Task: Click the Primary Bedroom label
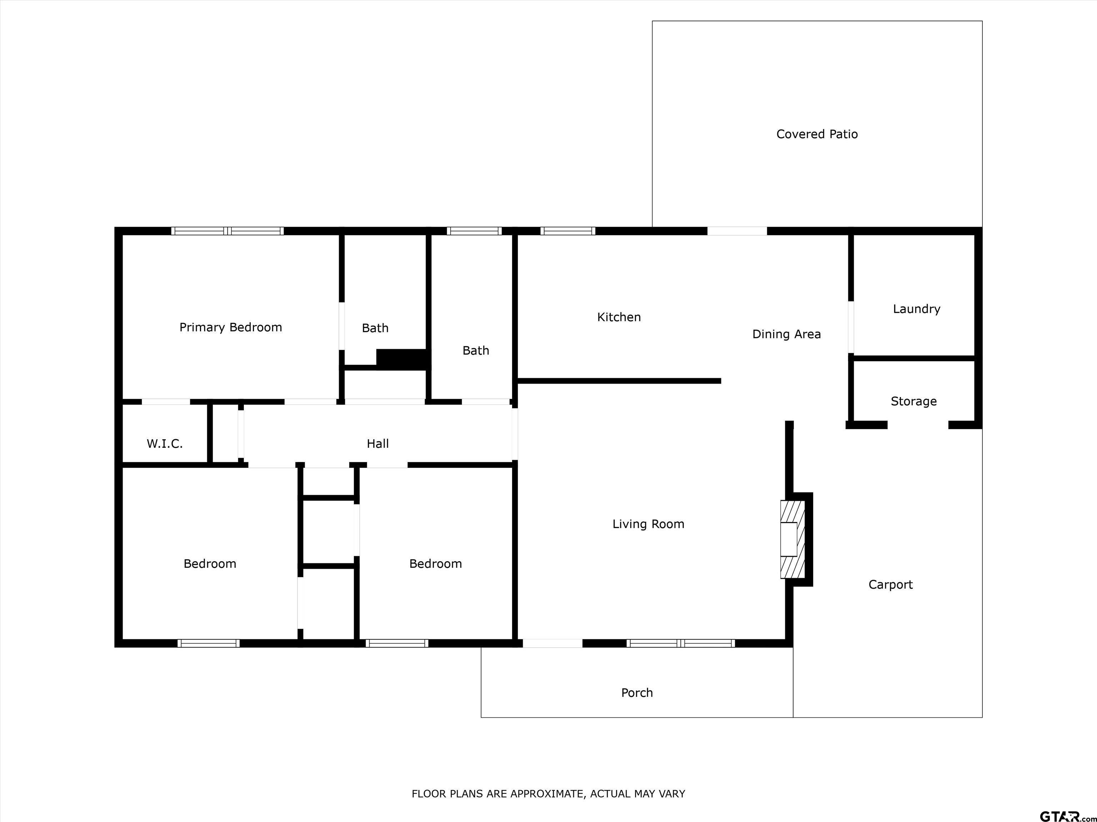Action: [x=231, y=328]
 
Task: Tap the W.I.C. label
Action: [x=165, y=444]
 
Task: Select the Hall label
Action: [x=377, y=443]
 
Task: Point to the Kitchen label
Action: [x=619, y=317]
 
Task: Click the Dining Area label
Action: [x=787, y=334]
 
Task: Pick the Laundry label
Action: [x=916, y=309]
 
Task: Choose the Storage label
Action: [x=913, y=401]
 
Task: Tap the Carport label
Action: [x=891, y=585]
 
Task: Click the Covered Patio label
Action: [x=817, y=134]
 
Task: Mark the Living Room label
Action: [x=648, y=524]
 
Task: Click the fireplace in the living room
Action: [x=792, y=539]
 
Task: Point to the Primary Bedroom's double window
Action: [x=227, y=231]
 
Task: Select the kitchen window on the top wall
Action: [x=568, y=231]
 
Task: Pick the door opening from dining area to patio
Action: [x=737, y=231]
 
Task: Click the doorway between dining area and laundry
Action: [x=851, y=328]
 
